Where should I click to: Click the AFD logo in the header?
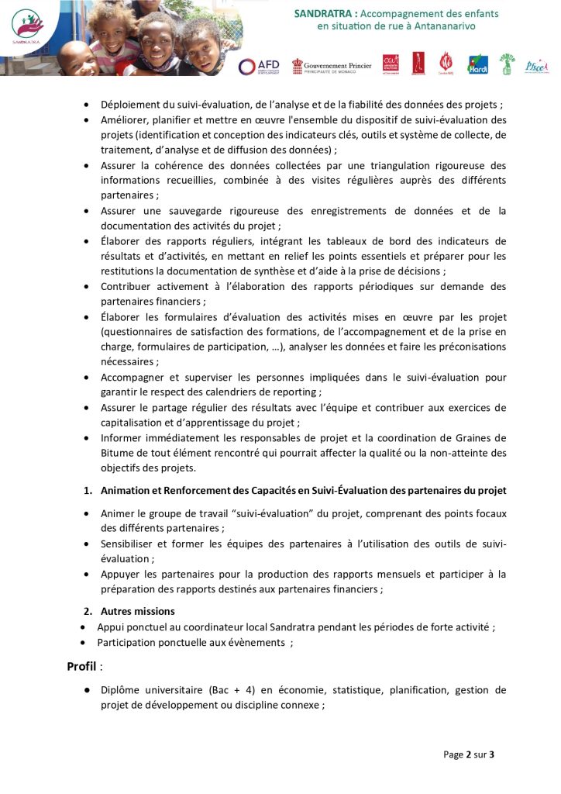[259, 67]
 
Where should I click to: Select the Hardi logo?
[477, 65]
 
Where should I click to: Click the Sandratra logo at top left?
[28, 28]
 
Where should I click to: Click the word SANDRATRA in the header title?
[326, 14]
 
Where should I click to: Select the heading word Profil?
[81, 666]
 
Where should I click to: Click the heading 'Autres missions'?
[138, 611]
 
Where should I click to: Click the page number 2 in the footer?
[469, 754]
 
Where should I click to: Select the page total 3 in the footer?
[491, 754]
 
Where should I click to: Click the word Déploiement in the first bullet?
[132, 105]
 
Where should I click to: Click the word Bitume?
[118, 453]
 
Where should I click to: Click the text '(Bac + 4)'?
[231, 690]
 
